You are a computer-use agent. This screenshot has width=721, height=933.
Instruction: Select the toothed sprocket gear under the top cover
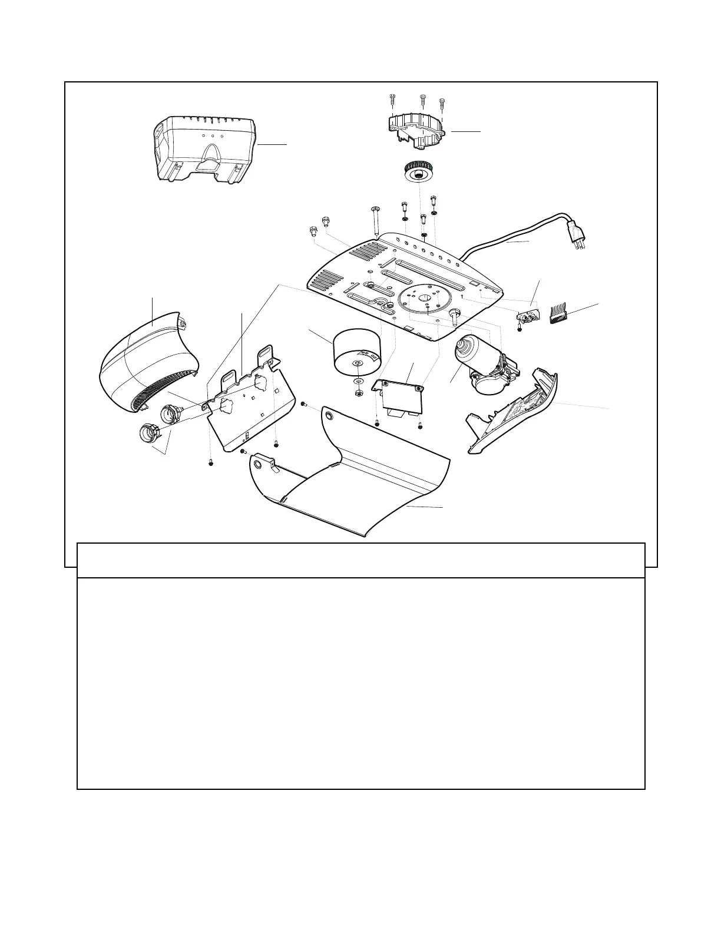click(418, 172)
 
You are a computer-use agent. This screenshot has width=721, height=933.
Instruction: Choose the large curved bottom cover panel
click(348, 471)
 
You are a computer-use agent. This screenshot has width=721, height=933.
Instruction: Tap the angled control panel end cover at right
click(512, 412)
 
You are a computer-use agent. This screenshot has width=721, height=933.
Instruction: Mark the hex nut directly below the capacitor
click(358, 392)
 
